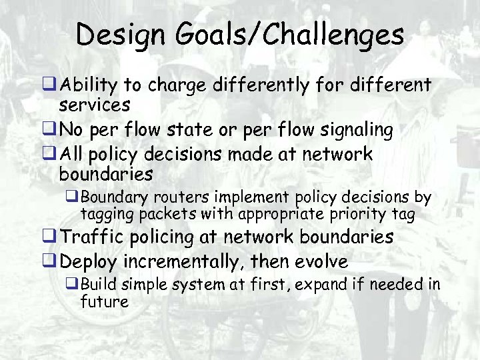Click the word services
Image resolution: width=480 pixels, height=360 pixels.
(94, 105)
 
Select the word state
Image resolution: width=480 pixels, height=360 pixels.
(197, 129)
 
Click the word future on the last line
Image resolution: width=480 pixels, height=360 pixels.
(104, 301)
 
